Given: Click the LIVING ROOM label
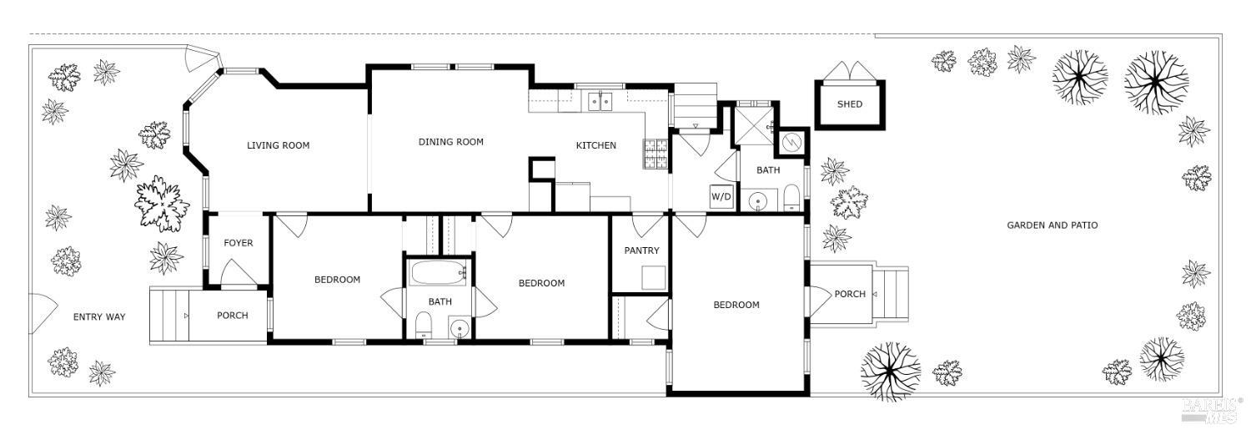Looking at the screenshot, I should pyautogui.click(x=278, y=145).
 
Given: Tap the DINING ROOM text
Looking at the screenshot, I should pyautogui.click(x=450, y=142).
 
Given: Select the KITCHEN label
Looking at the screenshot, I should pyautogui.click(x=595, y=145).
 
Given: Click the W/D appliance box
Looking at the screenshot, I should pyautogui.click(x=721, y=197).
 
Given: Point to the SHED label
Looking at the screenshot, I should pyautogui.click(x=849, y=104).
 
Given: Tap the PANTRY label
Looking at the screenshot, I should pyautogui.click(x=641, y=250).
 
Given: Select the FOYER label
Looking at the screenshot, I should pyautogui.click(x=238, y=243).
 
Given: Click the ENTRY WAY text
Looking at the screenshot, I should pyautogui.click(x=98, y=316).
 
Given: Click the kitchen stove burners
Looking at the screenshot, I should pyautogui.click(x=655, y=154).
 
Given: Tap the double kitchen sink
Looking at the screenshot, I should pyautogui.click(x=599, y=102).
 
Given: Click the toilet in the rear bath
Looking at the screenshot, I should pyautogui.click(x=791, y=199).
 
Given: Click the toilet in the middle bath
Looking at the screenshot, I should pyautogui.click(x=424, y=325).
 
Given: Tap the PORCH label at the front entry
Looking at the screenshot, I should pyautogui.click(x=232, y=316).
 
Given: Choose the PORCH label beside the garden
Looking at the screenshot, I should pyautogui.click(x=850, y=294).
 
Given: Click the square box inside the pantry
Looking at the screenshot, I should pyautogui.click(x=653, y=277).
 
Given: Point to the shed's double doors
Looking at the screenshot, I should pyautogui.click(x=849, y=71).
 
